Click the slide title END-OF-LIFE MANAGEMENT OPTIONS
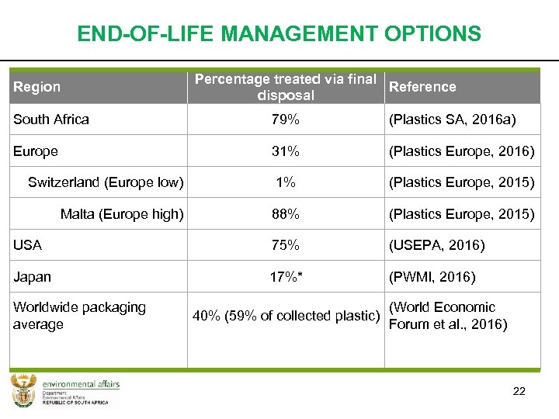(279, 34)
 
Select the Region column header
(36, 87)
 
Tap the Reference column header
(422, 87)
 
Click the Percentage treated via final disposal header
(286, 87)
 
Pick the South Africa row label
(51, 119)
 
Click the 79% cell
(285, 119)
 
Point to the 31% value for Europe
(285, 151)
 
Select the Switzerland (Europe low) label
(106, 182)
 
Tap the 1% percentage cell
(285, 182)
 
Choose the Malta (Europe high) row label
(122, 214)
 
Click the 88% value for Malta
(285, 214)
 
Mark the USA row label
(27, 245)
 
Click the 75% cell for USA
(285, 245)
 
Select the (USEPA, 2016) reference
(436, 245)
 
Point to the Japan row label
(32, 277)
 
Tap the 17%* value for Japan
(285, 277)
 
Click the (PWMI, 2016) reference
(432, 277)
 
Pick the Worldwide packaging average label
(79, 316)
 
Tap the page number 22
(519, 391)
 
